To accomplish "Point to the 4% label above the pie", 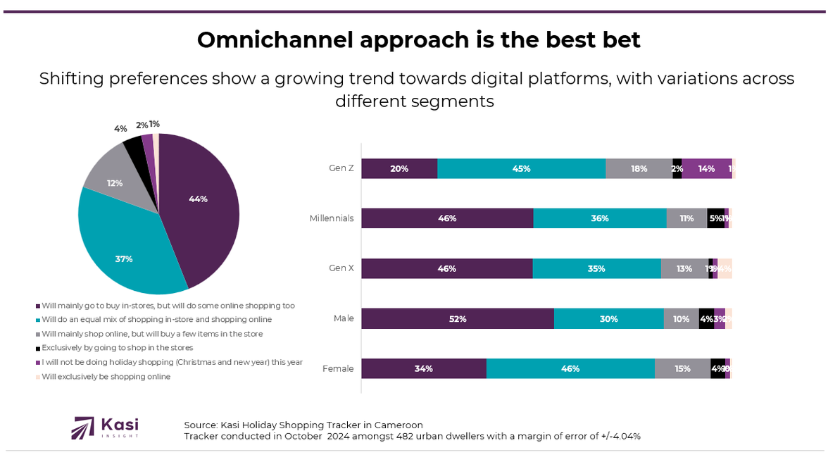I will tap(120, 129).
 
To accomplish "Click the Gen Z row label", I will tap(341, 168).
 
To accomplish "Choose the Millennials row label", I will tap(331, 218).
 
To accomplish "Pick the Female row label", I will tap(338, 368).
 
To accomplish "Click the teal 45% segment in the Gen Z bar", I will tap(521, 168).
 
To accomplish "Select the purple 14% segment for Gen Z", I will tap(706, 168).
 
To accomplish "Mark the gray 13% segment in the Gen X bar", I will tap(684, 268).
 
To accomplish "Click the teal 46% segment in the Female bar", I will tap(570, 368).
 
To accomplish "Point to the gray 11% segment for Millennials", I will tap(686, 218).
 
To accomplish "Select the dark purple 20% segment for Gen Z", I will tap(399, 168).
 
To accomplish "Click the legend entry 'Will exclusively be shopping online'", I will tap(106, 377).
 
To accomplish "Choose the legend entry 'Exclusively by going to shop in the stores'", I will tap(117, 348).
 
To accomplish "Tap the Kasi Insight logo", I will tap(106, 427).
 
